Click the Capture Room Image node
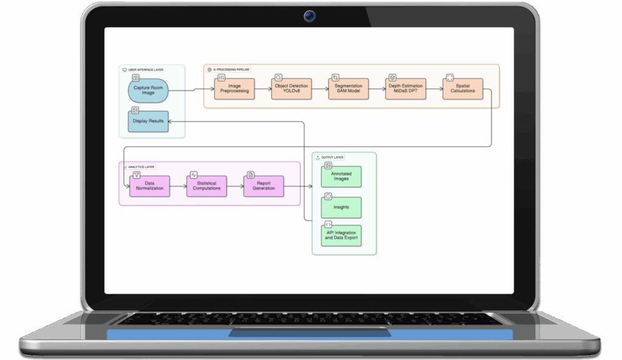pos(148,91)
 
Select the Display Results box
pos(148,121)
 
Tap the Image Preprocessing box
pos(234,89)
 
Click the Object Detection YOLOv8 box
pos(292,89)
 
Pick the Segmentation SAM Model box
pos(349,89)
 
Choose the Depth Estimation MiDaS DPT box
pos(406,89)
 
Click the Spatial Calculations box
pos(463,89)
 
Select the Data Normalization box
pos(149,185)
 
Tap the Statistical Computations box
pos(207,185)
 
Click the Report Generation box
pos(264,185)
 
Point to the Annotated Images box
pos(341,177)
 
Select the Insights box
pos(341,207)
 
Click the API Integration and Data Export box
pos(341,236)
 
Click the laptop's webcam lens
pos(310,16)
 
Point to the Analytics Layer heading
pos(142,166)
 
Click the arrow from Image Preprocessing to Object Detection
pos(263,89)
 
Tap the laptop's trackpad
pos(309,333)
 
